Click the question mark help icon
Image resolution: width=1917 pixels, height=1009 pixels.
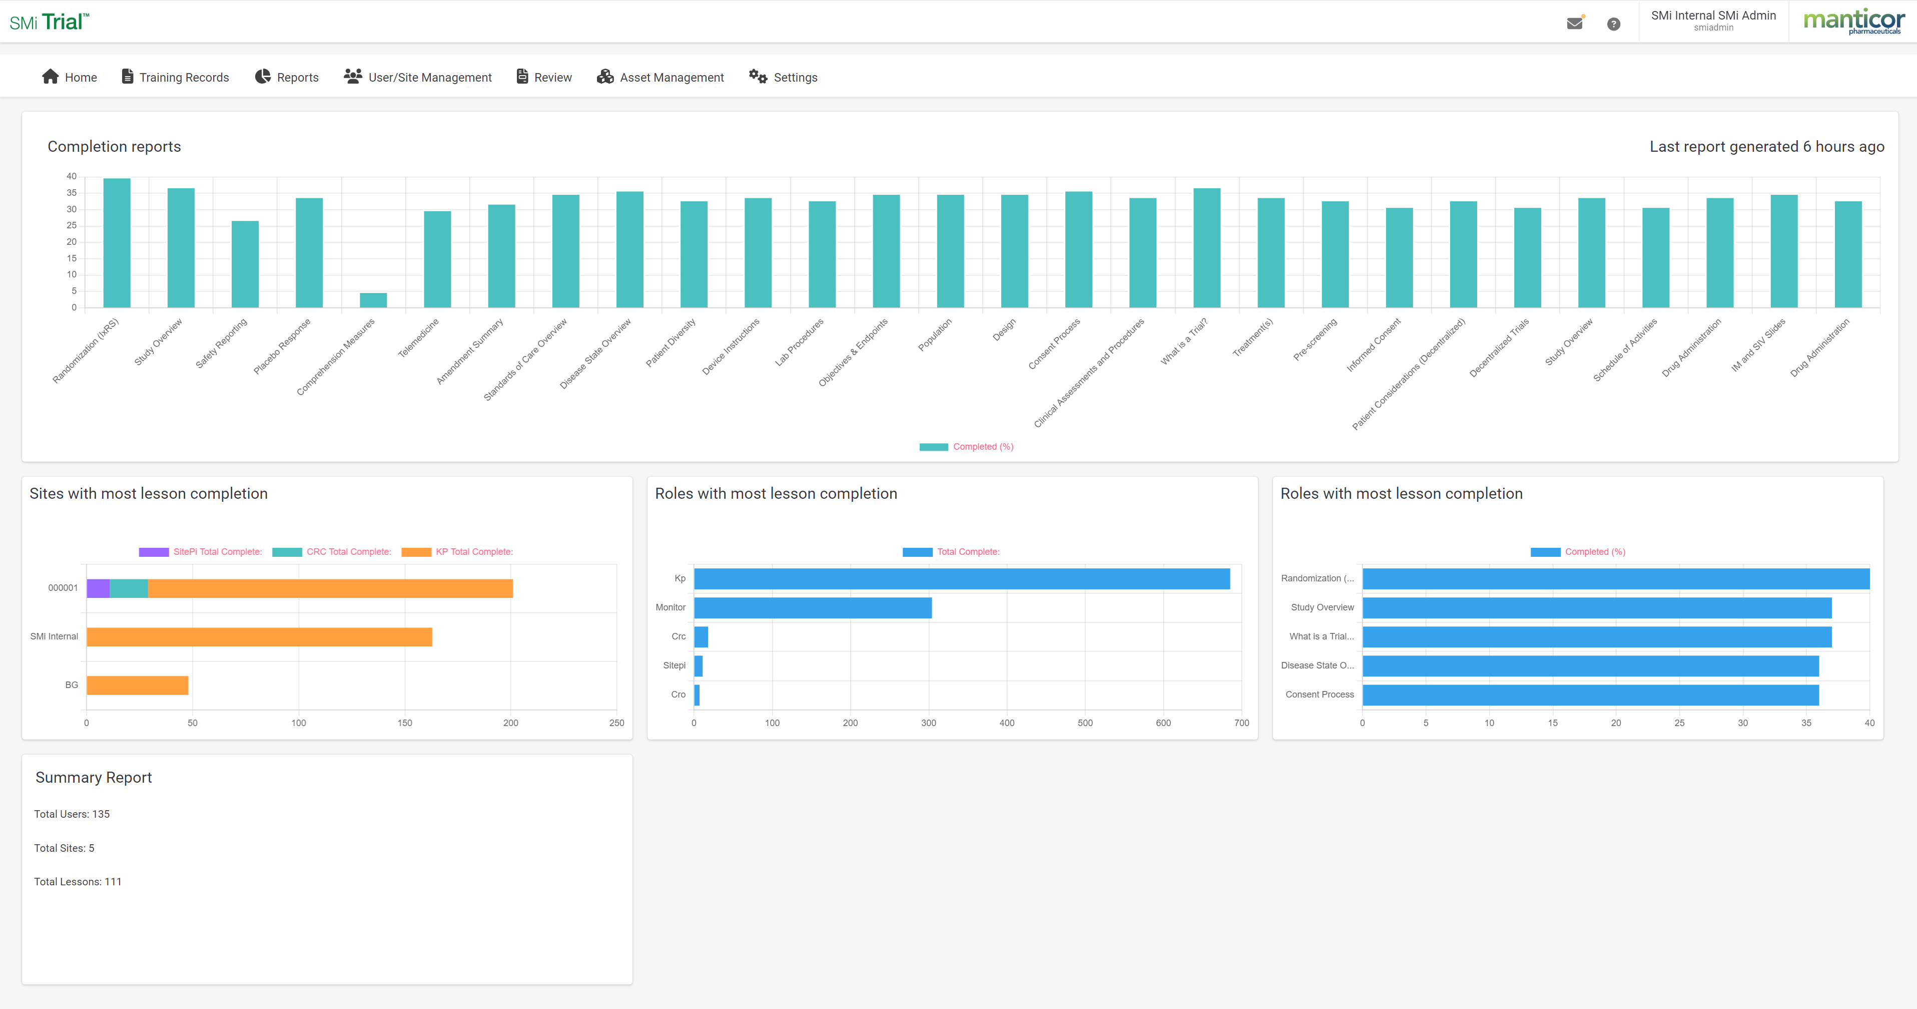(1613, 24)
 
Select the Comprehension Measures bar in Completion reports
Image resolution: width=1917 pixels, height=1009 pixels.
(373, 300)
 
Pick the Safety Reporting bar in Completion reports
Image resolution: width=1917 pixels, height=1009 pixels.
(245, 264)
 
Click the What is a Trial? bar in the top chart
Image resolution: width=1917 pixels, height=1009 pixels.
(1206, 248)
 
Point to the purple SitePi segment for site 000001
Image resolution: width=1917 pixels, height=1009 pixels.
(98, 588)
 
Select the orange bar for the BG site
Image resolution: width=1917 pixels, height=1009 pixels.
(138, 685)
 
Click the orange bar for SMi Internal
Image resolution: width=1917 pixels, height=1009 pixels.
(259, 636)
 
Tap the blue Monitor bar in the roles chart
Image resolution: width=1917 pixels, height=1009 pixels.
(813, 607)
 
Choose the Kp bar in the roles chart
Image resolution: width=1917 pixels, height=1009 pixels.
(961, 578)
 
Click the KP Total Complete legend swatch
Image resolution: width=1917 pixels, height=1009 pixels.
(416, 552)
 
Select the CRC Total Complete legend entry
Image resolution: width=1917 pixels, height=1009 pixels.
(332, 552)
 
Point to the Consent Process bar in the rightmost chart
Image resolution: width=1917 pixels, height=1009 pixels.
(1590, 695)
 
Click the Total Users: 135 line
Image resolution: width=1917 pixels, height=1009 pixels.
(72, 814)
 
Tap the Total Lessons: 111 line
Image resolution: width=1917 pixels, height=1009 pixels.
(78, 882)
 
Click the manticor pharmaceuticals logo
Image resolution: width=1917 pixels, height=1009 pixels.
(1853, 22)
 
